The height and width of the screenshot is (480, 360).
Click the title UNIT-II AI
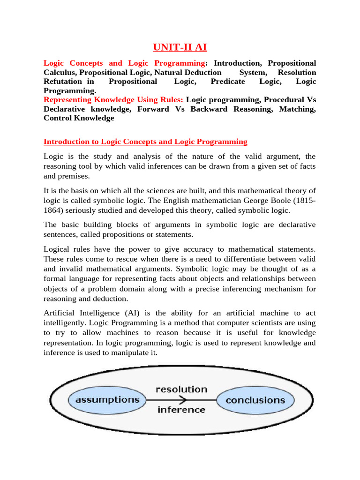(x=180, y=47)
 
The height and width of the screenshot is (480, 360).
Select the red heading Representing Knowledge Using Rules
(x=113, y=99)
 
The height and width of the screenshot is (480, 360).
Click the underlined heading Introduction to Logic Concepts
(x=145, y=142)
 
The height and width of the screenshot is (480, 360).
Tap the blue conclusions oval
(x=255, y=400)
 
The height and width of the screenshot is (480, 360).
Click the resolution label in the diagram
(x=181, y=389)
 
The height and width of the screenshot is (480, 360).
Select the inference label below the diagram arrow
(x=181, y=410)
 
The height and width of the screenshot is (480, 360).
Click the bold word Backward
(x=210, y=109)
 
